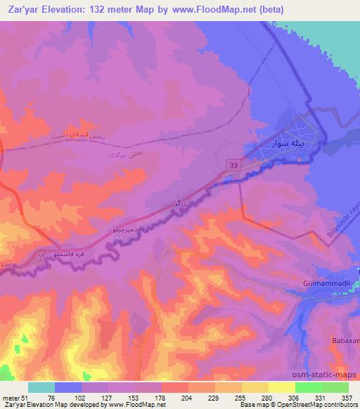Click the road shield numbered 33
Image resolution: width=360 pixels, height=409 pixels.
[x=232, y=164]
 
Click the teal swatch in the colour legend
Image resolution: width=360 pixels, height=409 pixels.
[x=41, y=387]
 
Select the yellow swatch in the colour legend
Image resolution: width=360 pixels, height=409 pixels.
[x=282, y=387]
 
